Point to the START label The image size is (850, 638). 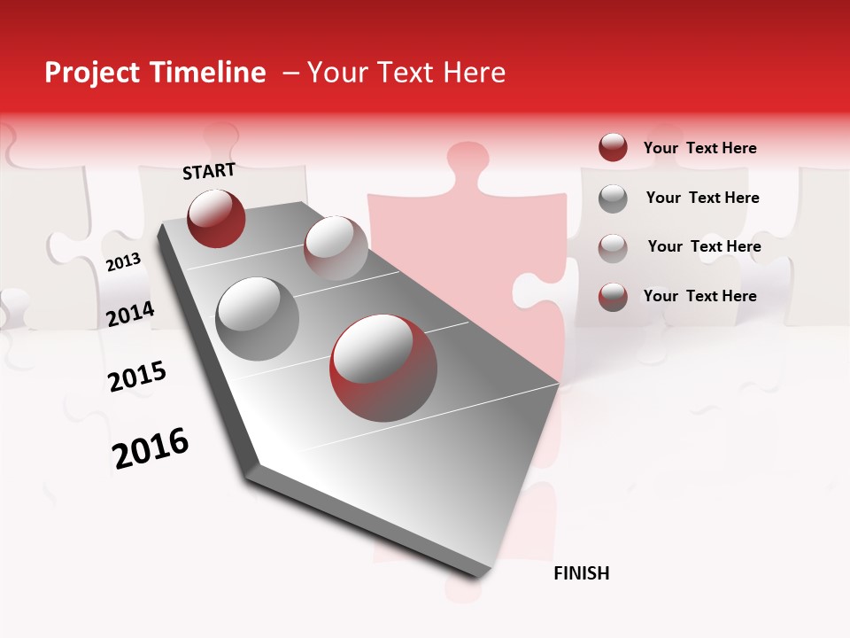209,171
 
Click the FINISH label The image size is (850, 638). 582,573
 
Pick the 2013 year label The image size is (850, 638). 123,262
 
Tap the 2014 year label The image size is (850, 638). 130,314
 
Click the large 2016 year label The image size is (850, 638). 151,448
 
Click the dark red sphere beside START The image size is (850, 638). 216,218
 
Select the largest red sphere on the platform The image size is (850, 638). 383,368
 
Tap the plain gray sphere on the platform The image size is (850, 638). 258,319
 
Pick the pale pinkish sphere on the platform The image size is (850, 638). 336,248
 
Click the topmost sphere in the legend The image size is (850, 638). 613,147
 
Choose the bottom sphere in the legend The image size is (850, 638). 613,296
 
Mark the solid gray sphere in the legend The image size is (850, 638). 613,198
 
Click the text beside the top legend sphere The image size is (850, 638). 700,148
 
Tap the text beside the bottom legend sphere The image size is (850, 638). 700,296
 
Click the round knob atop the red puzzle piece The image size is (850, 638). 469,159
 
